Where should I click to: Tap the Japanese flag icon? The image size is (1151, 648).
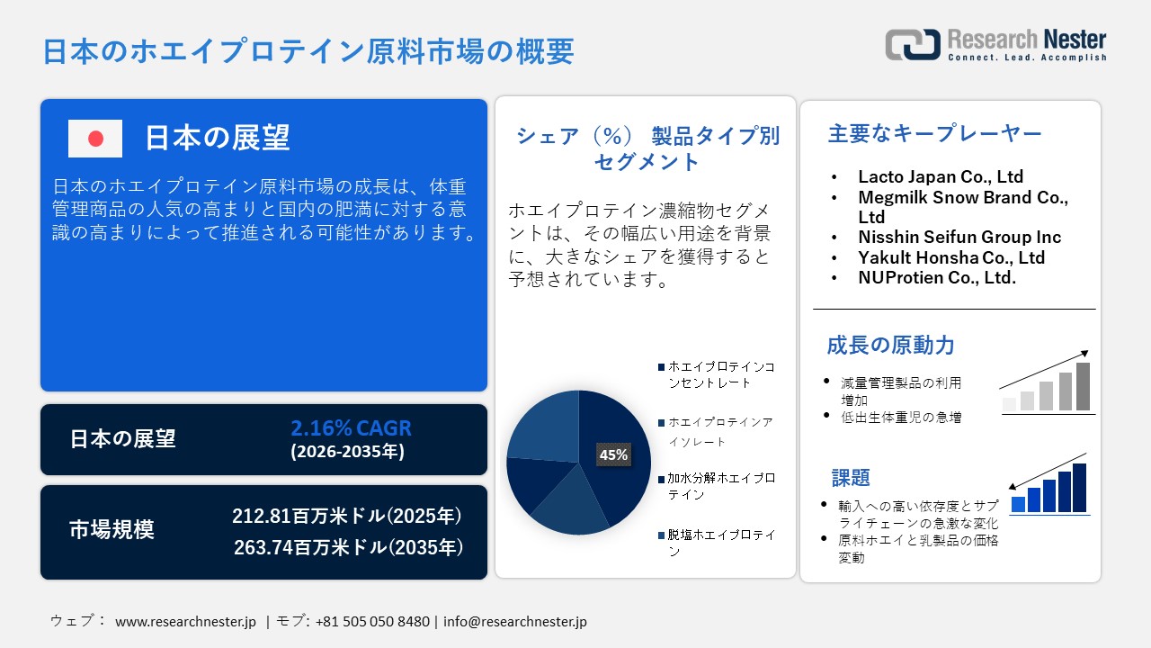pos(95,139)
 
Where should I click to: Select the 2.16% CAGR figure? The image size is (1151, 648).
pos(351,428)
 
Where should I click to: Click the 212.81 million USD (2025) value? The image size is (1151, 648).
pos(347,516)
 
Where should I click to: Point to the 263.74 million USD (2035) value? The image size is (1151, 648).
pos(349,547)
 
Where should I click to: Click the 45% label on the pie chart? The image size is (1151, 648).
pos(613,455)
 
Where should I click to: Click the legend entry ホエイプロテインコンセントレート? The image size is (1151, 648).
pos(719,374)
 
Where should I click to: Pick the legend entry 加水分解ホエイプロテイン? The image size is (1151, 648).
pos(719,486)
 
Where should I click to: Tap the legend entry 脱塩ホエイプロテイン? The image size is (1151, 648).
pos(719,543)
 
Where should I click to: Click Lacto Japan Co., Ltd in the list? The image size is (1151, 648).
pos(941,176)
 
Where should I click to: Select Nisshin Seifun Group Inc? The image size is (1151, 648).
pos(959,237)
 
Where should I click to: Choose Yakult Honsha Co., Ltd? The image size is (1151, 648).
pos(951,257)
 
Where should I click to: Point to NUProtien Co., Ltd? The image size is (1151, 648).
pos(937,277)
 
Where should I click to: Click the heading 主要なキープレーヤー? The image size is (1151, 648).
pos(934,134)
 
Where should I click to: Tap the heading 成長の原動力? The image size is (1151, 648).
pos(890,345)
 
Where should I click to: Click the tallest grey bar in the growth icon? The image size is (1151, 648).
pos(1083,386)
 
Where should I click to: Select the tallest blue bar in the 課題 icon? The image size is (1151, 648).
pos(1079,488)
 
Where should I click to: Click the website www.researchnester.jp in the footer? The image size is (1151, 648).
pos(186,622)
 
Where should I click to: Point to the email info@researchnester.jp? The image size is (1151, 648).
pos(515,622)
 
